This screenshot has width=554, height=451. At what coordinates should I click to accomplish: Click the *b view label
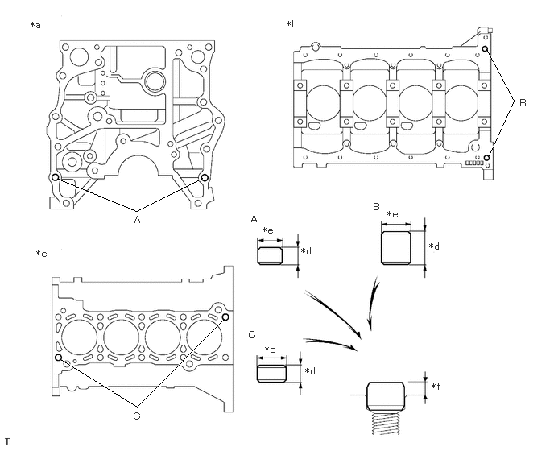tap(291, 26)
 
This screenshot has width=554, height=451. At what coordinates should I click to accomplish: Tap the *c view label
tap(41, 254)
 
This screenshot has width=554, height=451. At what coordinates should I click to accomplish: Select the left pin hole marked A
tap(55, 177)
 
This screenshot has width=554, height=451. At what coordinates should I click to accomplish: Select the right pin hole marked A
tap(205, 177)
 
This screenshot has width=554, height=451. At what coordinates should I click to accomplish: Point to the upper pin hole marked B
tap(486, 49)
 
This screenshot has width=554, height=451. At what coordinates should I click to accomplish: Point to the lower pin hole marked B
tap(486, 158)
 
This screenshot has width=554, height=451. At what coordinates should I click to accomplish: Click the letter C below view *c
tap(137, 415)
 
